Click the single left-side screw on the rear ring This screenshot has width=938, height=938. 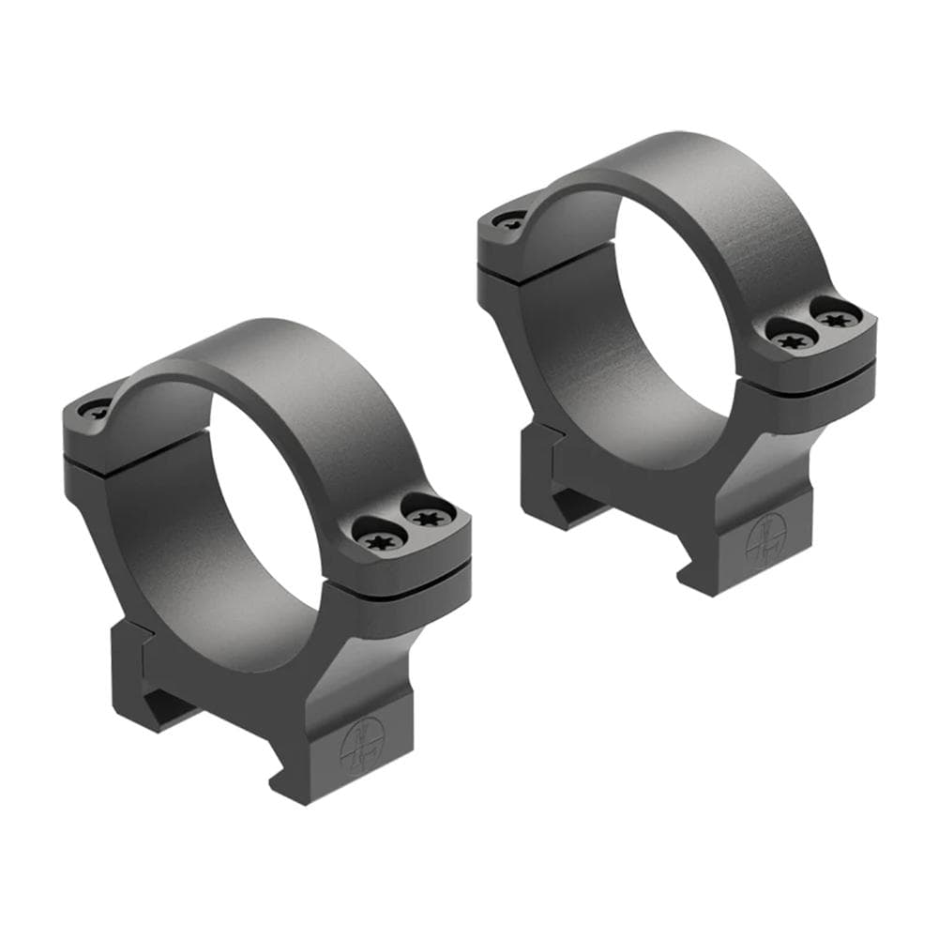pos(510,221)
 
